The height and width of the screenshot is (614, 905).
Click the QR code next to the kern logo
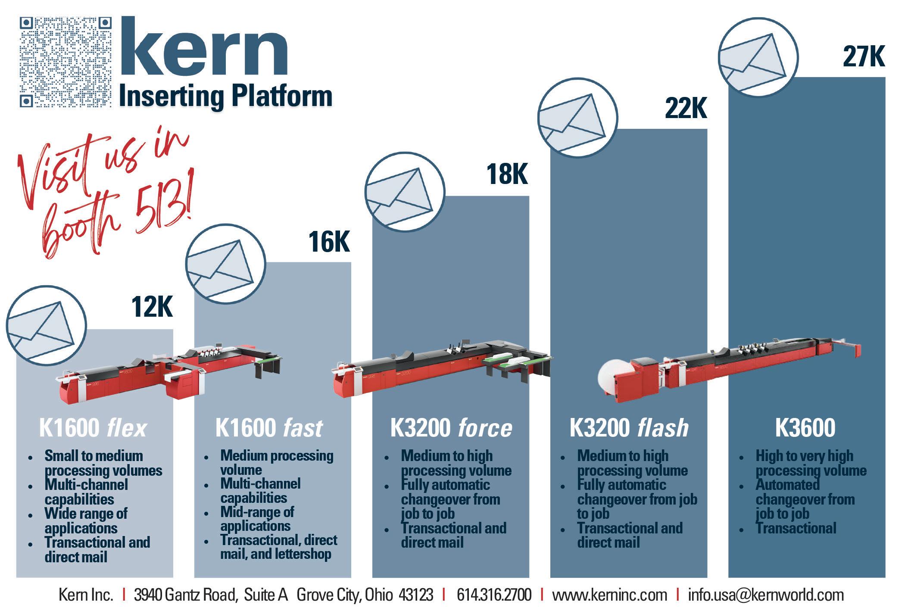click(66, 62)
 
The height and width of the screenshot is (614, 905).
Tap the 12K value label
click(152, 307)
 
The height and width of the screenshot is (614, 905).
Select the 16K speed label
click(329, 242)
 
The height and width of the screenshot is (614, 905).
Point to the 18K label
click(507, 175)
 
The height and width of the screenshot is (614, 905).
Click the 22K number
click(686, 108)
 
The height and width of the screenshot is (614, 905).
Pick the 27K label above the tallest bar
click(864, 57)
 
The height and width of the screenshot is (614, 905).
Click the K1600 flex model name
click(93, 428)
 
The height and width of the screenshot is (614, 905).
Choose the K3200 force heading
click(451, 428)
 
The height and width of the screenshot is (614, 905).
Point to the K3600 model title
click(805, 428)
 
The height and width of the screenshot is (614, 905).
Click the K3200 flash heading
click(629, 428)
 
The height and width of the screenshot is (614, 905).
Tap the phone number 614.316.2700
click(494, 595)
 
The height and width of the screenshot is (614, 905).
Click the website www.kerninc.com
click(609, 595)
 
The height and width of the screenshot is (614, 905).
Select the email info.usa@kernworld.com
click(766, 595)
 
